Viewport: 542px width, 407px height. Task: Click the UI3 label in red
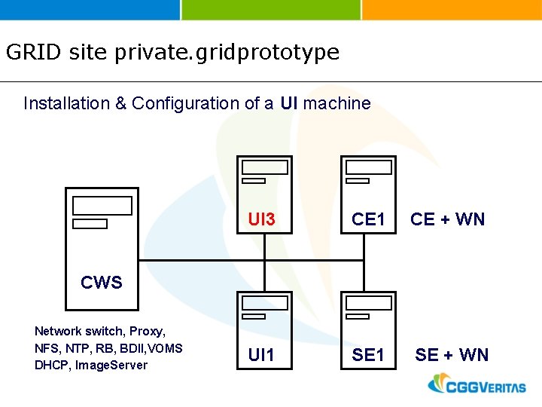click(262, 220)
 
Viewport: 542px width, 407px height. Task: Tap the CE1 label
click(369, 220)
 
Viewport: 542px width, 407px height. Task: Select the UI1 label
click(261, 355)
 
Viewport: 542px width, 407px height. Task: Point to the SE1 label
click(369, 355)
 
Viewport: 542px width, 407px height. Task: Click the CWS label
click(102, 283)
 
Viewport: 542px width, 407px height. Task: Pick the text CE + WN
click(447, 220)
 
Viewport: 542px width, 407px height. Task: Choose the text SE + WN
click(452, 355)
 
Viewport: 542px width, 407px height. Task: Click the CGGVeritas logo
click(477, 385)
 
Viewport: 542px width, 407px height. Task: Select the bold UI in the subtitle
click(289, 103)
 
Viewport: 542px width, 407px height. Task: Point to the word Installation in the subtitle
click(66, 103)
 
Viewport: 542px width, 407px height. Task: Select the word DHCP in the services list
click(50, 366)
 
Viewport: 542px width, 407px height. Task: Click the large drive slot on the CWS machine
click(102, 206)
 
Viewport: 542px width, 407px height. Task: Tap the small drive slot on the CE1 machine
click(357, 181)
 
